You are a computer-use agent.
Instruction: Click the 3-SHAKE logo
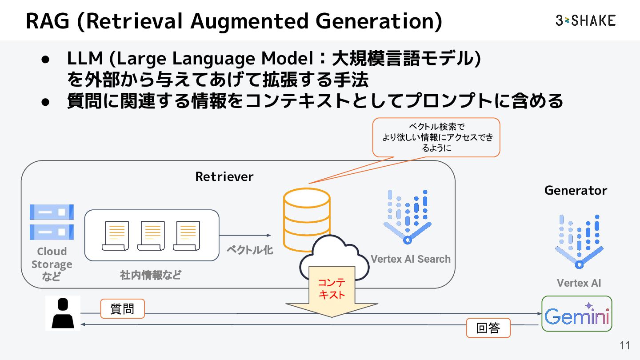pyautogui.click(x=585, y=20)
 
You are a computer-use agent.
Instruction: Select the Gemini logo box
pyautogui.click(x=577, y=314)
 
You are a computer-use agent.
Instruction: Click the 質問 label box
pyautogui.click(x=122, y=309)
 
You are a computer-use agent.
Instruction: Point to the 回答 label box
pyautogui.click(x=488, y=328)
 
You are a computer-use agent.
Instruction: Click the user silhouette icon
pyautogui.click(x=63, y=313)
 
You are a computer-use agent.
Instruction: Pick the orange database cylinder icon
pyautogui.click(x=307, y=218)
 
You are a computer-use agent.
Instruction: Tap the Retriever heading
pyautogui.click(x=224, y=176)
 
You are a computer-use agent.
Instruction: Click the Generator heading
pyautogui.click(x=576, y=190)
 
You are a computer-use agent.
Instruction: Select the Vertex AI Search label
pyautogui.click(x=410, y=259)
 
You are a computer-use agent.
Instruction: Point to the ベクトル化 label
pyautogui.click(x=250, y=250)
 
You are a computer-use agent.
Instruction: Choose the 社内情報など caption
pyautogui.click(x=151, y=275)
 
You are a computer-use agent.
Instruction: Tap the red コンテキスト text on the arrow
pyautogui.click(x=332, y=288)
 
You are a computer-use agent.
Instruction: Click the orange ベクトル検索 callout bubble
pyautogui.click(x=436, y=137)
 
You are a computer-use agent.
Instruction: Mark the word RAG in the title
pyautogui.click(x=48, y=21)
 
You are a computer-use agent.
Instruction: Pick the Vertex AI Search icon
pyautogui.click(x=408, y=217)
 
